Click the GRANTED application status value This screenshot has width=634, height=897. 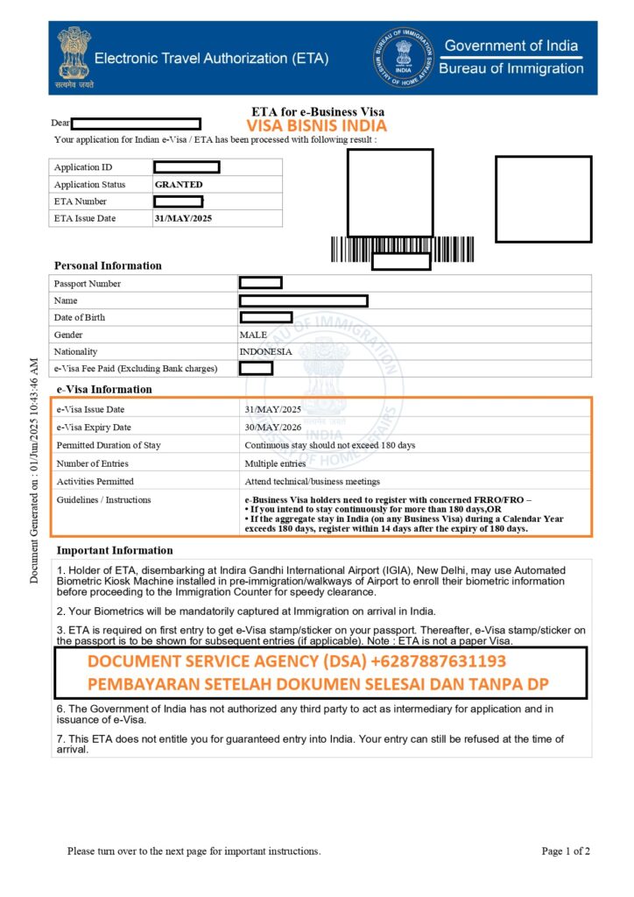(x=178, y=185)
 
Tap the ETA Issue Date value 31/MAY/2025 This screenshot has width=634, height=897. (x=184, y=218)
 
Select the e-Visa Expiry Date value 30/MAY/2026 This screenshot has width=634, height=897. (x=272, y=427)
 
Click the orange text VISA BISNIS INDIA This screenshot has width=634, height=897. (x=316, y=125)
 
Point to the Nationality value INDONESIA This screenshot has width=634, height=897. (x=265, y=351)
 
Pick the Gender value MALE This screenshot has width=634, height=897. (x=253, y=335)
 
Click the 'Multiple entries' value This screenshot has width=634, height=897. (x=275, y=463)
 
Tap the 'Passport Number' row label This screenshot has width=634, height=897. (x=88, y=284)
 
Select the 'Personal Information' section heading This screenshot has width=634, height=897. (x=108, y=265)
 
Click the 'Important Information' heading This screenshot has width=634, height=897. (x=115, y=550)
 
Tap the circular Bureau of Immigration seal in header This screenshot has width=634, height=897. (x=403, y=57)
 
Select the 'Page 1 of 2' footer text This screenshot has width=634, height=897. (x=566, y=851)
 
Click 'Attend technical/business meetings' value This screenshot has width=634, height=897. (x=312, y=482)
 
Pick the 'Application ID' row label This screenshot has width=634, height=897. (x=83, y=167)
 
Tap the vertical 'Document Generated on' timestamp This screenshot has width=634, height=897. (x=34, y=470)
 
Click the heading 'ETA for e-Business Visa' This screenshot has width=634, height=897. (x=318, y=112)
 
